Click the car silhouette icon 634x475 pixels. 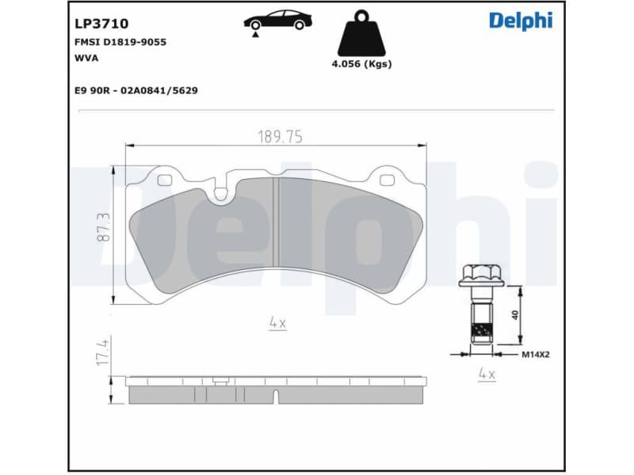277,21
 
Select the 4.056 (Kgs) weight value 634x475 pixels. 361,65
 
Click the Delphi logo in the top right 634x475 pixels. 521,21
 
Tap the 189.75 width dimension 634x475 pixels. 279,136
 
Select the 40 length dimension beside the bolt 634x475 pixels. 515,313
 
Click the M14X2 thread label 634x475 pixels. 536,355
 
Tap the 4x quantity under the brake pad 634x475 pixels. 277,323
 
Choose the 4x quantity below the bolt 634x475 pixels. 486,374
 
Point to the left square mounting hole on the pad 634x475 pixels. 165,179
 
